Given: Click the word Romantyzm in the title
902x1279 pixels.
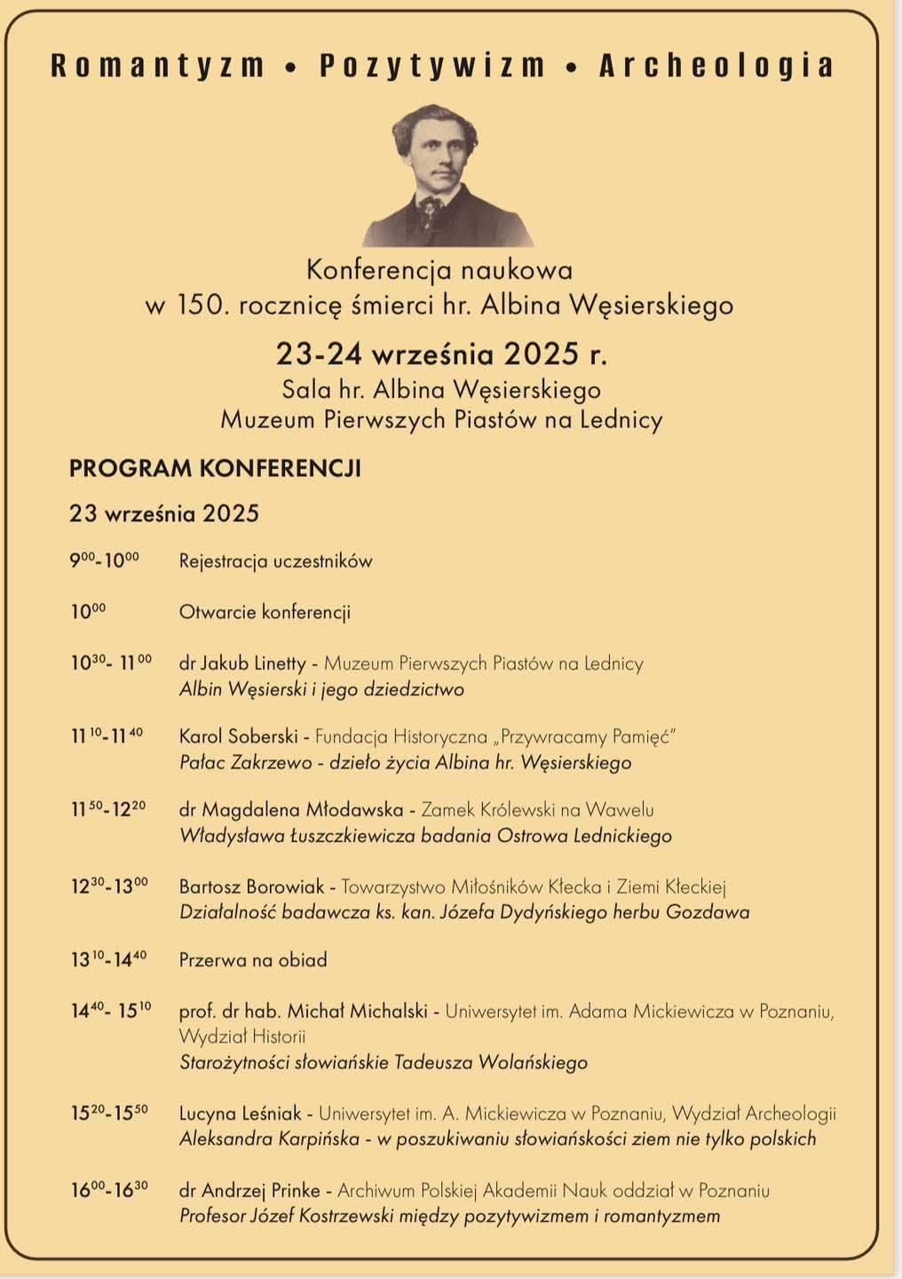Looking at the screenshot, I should tap(158, 66).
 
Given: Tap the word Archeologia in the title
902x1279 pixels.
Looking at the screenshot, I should tap(716, 66).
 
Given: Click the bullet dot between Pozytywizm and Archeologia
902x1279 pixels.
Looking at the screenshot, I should tap(573, 67).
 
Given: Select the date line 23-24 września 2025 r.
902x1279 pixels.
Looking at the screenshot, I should tap(441, 354).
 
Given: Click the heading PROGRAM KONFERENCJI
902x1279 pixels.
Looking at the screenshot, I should tap(215, 468).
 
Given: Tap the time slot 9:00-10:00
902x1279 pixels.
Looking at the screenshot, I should tap(105, 560).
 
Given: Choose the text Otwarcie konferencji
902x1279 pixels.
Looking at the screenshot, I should tap(265, 612).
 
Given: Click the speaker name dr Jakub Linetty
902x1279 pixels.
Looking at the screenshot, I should tap(242, 663).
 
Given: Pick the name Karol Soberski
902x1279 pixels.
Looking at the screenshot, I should tap(237, 736).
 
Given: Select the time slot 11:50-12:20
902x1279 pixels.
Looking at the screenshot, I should tap(108, 809).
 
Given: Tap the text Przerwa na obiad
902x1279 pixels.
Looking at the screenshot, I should tap(253, 960).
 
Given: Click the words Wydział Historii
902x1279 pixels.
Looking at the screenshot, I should tap(242, 1037).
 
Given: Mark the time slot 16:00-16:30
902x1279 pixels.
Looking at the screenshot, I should tap(109, 1190).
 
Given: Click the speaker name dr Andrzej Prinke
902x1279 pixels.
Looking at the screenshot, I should tap(251, 1190).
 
